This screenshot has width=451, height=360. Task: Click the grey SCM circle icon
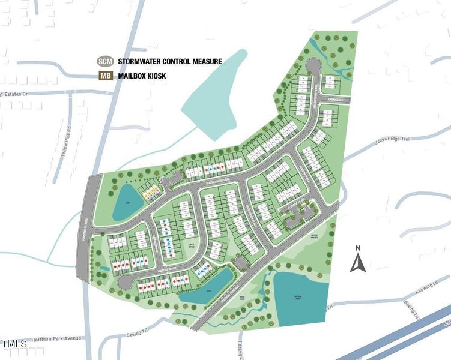(105, 61)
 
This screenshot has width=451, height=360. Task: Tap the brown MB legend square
(105, 76)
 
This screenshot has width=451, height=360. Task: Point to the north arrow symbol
(357, 262)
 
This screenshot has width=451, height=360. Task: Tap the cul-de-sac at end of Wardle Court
(124, 281)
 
